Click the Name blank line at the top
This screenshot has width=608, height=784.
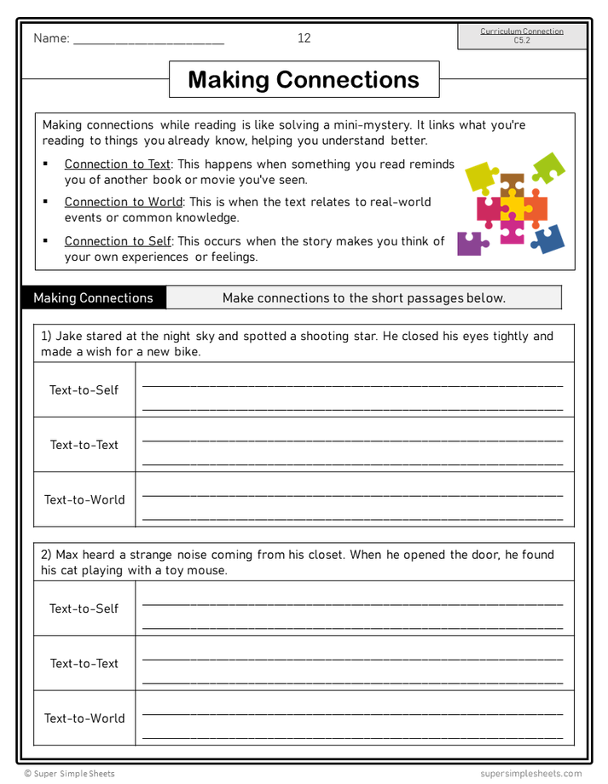click(148, 40)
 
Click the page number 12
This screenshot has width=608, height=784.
click(304, 38)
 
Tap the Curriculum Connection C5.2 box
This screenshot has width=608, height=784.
click(521, 36)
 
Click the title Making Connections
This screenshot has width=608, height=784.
click(304, 79)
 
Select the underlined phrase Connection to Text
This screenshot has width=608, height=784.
click(118, 164)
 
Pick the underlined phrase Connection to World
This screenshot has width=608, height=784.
click(124, 202)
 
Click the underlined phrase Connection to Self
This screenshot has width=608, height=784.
click(118, 241)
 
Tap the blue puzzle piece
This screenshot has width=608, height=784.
click(548, 239)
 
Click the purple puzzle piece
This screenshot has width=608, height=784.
click(470, 244)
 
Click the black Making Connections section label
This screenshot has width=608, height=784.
click(93, 297)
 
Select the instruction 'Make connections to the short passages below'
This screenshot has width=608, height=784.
click(363, 297)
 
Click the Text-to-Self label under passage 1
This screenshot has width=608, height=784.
click(84, 390)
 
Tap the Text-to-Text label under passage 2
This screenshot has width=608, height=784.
click(84, 663)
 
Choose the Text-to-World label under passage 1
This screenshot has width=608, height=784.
click(84, 499)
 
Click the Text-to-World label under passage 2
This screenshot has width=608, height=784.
click(84, 718)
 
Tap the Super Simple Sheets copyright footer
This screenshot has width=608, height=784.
click(69, 774)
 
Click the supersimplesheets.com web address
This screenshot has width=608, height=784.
click(530, 774)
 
